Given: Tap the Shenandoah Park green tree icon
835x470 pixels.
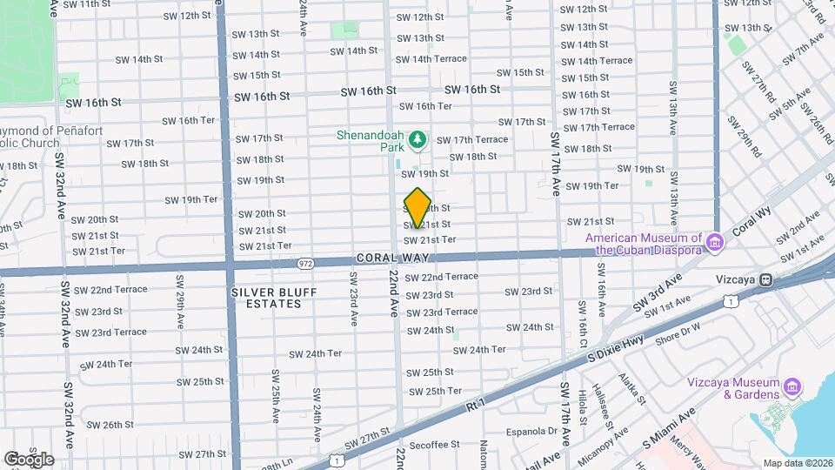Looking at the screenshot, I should tap(418, 139).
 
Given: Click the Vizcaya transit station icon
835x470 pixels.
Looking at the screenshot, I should tap(765, 279).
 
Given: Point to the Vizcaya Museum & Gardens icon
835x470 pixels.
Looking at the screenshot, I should tap(792, 386).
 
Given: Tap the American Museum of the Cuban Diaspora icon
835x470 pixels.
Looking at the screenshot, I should tap(714, 241).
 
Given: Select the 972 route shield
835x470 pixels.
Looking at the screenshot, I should tap(305, 262).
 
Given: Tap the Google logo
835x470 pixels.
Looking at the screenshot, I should tap(29, 459).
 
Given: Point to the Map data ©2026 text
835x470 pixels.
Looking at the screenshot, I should tap(796, 463).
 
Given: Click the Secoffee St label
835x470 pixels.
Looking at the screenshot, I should tap(432, 445).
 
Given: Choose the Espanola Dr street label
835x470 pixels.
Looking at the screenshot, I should tap(529, 431).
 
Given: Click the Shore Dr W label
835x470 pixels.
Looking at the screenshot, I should tap(678, 330).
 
